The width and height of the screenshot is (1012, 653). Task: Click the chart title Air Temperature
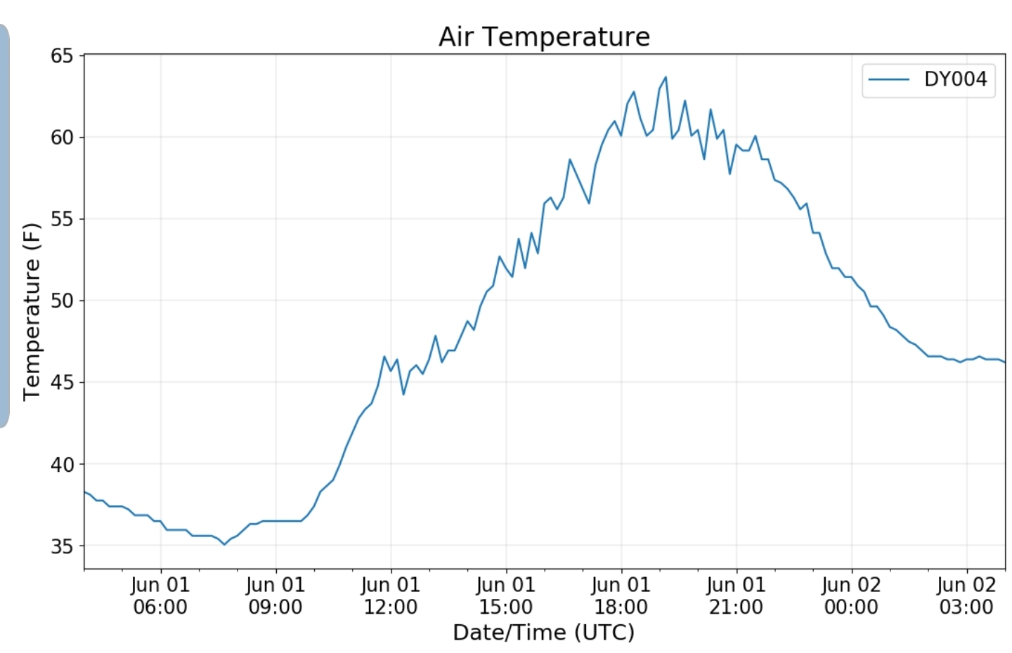545,37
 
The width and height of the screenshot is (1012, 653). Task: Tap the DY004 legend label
956,79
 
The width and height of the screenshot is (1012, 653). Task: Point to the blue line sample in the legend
888,80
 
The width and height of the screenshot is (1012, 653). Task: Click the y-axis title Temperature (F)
32,312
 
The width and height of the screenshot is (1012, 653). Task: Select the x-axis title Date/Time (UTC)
544,632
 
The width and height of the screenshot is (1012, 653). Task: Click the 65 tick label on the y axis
62,56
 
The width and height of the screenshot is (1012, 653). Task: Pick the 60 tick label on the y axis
62,138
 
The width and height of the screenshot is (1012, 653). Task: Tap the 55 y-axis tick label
62,219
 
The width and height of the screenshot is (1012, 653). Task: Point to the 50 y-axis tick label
62,301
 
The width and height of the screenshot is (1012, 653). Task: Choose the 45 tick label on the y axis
62,383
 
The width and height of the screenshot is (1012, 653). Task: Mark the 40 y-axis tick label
62,464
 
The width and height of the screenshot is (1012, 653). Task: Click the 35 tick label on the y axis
62,546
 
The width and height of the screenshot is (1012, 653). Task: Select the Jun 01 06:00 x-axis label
160,595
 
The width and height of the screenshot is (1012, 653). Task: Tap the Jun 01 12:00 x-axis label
391,595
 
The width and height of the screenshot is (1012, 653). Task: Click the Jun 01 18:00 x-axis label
621,595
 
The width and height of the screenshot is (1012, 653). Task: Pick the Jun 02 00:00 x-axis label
852,595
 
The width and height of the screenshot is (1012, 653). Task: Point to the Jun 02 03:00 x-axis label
967,595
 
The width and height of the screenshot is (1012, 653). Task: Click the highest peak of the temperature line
666,77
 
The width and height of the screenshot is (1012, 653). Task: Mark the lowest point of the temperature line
225,545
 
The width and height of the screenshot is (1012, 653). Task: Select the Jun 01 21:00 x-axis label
737,595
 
